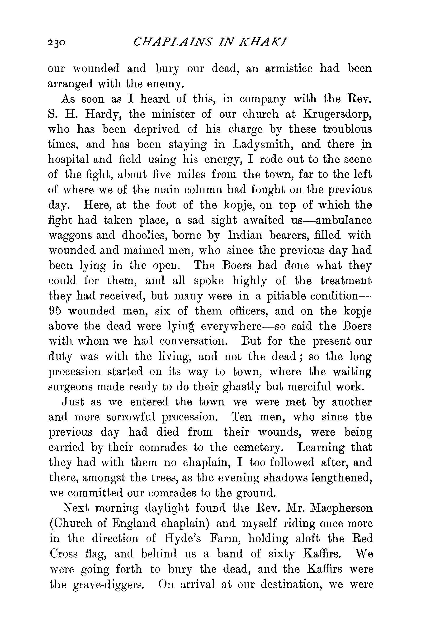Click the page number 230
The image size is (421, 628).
56,43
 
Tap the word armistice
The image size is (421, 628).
289,69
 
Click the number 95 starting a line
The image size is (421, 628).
55,311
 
